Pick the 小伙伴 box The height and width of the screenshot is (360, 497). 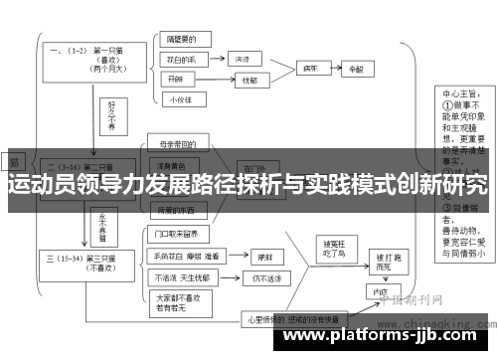coord(182,98)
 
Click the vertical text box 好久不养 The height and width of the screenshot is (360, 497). coord(112,112)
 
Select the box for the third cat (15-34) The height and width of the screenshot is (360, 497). coord(84,263)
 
